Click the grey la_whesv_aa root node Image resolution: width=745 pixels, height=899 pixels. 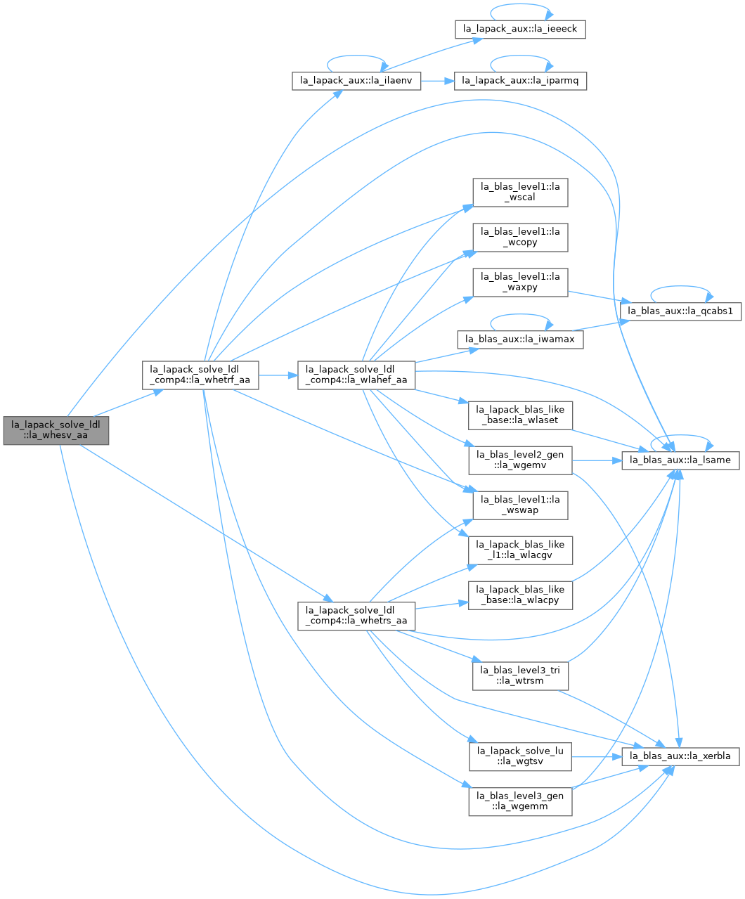click(56, 430)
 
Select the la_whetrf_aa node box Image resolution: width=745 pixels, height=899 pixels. click(200, 375)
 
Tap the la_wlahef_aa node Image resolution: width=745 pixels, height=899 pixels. click(356, 375)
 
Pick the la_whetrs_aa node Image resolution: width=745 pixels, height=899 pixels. click(356, 616)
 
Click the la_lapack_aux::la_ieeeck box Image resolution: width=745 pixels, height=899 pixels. click(520, 30)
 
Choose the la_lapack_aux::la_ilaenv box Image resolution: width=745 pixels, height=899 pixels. click(356, 81)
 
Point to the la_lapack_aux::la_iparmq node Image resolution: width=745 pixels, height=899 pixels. click(520, 81)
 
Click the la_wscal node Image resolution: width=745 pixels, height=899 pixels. click(520, 193)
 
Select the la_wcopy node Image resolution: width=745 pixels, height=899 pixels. click(520, 238)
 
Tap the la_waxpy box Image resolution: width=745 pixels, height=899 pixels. click(520, 283)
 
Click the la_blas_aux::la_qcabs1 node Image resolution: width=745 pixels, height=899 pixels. click(680, 311)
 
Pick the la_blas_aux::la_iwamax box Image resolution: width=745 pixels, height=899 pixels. click(520, 339)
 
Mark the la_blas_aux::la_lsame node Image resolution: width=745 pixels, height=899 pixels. click(680, 460)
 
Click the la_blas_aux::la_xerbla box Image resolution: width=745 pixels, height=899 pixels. click(680, 756)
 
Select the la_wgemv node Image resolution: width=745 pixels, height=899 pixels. click(520, 460)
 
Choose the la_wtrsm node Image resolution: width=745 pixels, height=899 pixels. click(520, 676)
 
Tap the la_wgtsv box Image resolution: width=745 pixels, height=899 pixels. click(520, 756)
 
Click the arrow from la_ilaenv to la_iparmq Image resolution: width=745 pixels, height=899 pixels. click(438, 81)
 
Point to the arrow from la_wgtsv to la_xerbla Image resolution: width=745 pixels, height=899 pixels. click(597, 756)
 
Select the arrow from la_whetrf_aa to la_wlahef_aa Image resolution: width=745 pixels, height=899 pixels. click(278, 375)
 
